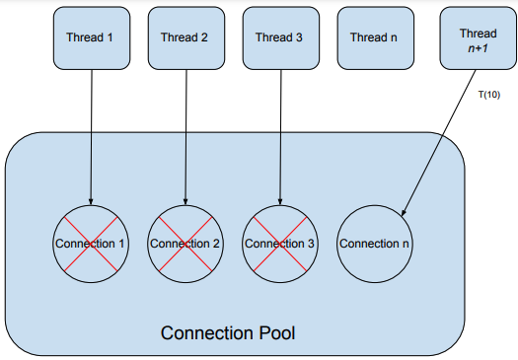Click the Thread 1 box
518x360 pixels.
click(x=90, y=37)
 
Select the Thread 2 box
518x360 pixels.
click(x=185, y=37)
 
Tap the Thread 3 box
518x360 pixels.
click(x=279, y=37)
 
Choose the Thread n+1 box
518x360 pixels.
click(x=470, y=37)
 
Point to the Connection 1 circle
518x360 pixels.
click(x=90, y=243)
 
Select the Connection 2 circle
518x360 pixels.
click(x=185, y=243)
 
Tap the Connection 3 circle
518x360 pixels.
click(x=279, y=243)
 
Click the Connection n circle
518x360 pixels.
click(x=374, y=243)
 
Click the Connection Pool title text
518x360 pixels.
click(x=228, y=333)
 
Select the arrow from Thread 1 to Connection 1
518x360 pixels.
click(x=90, y=138)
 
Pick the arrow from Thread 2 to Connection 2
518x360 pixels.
click(x=185, y=138)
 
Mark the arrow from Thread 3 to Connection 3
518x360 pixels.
click(x=279, y=138)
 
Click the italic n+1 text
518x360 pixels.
click(x=470, y=45)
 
